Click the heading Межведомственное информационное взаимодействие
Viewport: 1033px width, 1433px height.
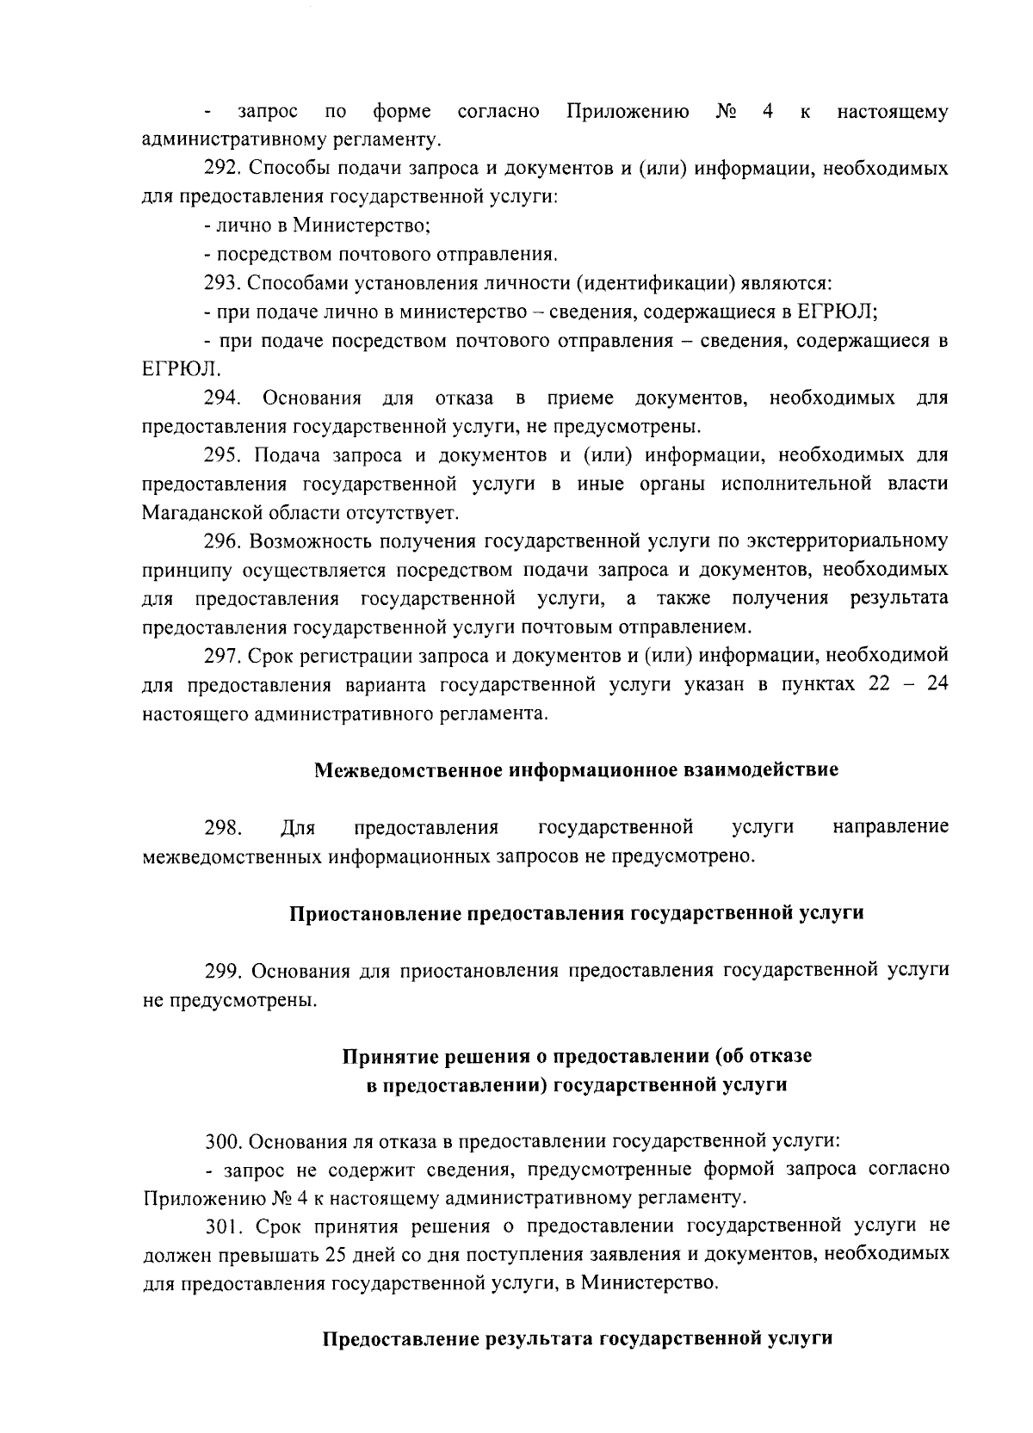pyautogui.click(x=575, y=769)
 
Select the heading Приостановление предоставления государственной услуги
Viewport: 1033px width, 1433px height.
pyautogui.click(x=575, y=913)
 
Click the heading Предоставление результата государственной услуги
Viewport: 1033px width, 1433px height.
pyautogui.click(x=576, y=1339)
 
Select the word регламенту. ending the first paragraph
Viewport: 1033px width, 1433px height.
pyautogui.click(x=390, y=139)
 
